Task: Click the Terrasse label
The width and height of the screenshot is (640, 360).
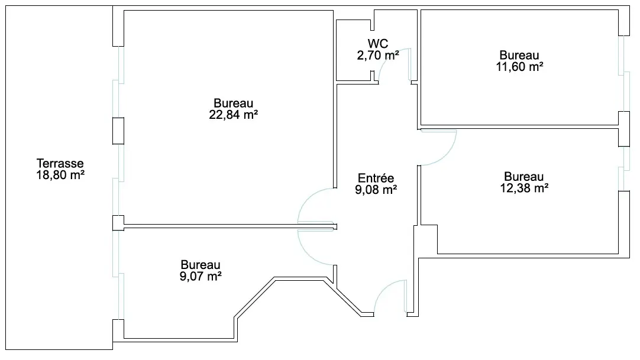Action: click(x=60, y=164)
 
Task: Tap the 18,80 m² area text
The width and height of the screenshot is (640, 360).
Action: click(x=60, y=176)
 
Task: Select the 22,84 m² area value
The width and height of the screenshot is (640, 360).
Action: click(x=234, y=115)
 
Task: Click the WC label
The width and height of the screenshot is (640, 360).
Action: click(x=378, y=44)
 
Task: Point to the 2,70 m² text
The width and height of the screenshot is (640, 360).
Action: click(x=378, y=55)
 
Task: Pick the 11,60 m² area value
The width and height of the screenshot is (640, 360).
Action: click(x=519, y=67)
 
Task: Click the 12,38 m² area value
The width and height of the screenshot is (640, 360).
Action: click(x=525, y=188)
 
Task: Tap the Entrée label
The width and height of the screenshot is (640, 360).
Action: click(x=376, y=178)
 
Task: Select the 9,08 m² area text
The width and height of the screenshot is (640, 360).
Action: click(x=376, y=190)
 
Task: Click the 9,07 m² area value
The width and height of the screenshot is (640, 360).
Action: click(x=201, y=277)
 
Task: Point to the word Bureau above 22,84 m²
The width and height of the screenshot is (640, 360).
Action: click(x=234, y=103)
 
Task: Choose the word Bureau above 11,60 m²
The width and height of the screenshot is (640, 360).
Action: click(x=519, y=56)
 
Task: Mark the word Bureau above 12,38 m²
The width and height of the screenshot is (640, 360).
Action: click(x=523, y=177)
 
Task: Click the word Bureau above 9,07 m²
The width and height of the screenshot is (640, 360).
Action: click(x=201, y=265)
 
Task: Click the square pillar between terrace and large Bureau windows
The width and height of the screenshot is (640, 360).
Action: click(x=118, y=131)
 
